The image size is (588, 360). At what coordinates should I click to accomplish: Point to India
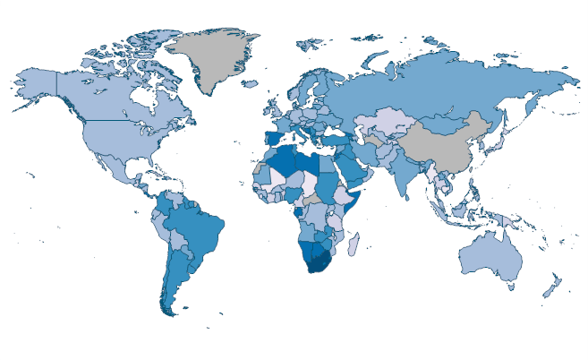click(x=407, y=175)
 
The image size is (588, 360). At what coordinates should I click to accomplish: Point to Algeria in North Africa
click(x=283, y=162)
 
